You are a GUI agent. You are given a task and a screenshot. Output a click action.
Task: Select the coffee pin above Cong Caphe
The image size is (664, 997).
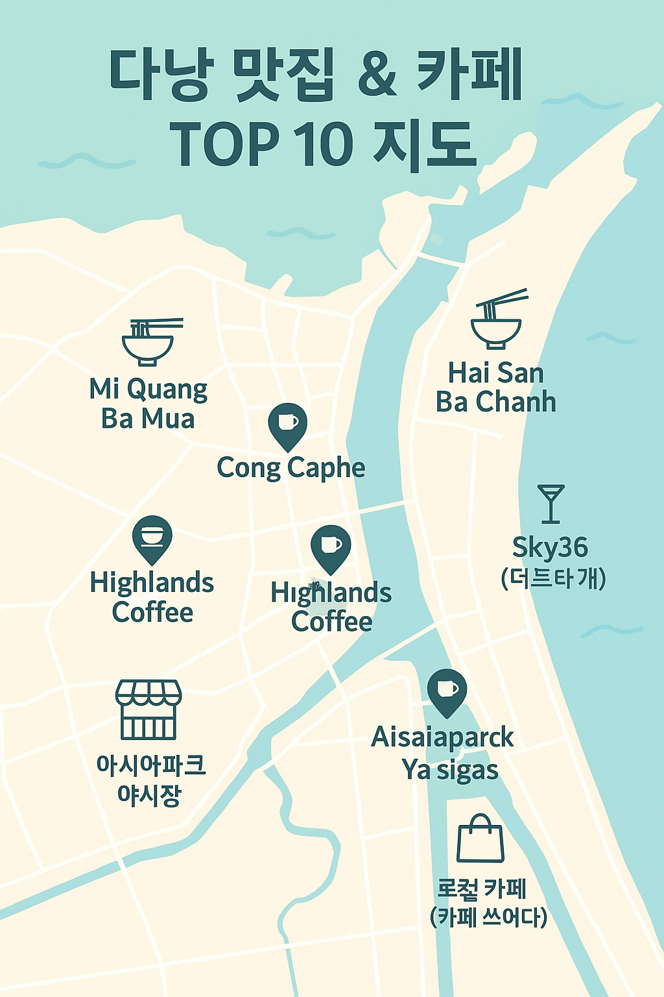click(287, 426)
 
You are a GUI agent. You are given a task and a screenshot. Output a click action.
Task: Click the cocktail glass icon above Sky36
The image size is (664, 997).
click(551, 503)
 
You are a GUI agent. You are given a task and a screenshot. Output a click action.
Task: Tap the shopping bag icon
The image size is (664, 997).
click(480, 839)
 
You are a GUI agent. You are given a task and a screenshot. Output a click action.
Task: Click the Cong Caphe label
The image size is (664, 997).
click(290, 468)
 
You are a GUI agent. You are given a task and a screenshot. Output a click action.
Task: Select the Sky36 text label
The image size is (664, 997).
click(550, 547)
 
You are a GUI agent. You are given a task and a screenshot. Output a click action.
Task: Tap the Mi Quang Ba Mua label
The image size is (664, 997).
click(148, 404)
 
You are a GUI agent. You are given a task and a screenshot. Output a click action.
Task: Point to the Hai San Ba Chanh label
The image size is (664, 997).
click(496, 388)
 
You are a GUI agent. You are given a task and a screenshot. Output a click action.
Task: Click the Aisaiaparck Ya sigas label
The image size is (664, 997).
click(444, 753)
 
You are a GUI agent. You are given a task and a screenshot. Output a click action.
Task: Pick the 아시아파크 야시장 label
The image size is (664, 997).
click(150, 779)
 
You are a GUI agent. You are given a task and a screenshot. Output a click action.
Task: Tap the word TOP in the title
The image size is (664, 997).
click(224, 144)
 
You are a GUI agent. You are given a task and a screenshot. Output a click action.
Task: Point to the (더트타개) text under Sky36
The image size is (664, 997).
click(553, 578)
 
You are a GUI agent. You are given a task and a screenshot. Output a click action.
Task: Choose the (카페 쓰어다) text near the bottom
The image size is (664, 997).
click(488, 917)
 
